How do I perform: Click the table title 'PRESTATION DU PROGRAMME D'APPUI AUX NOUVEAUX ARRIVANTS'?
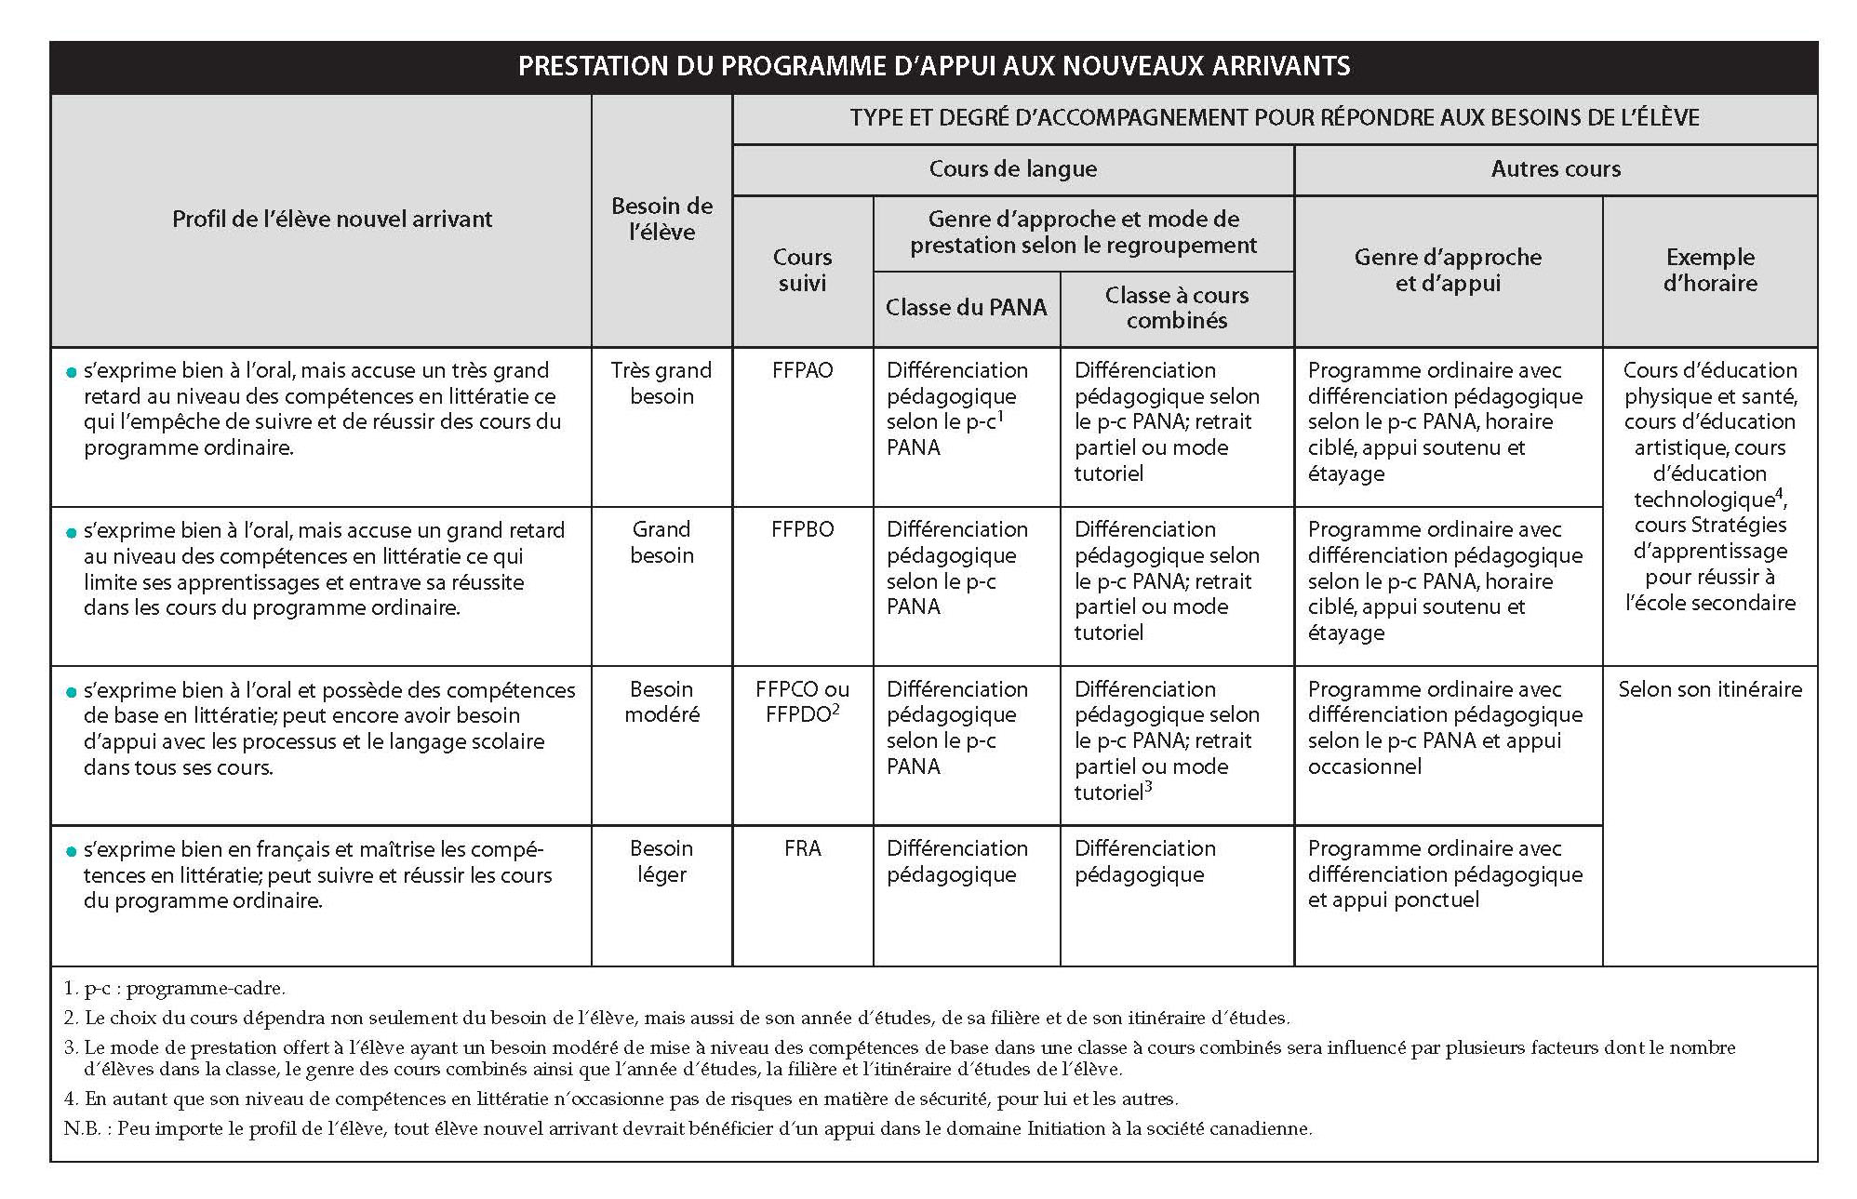click(933, 67)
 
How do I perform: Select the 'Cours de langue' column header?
click(1012, 169)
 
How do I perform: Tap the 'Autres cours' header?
click(1555, 169)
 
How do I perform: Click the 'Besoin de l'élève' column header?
click(661, 220)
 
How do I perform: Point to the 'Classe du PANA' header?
click(966, 308)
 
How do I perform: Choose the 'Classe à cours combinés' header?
click(1176, 308)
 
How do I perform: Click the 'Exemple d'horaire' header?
click(1709, 270)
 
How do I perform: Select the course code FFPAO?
click(802, 370)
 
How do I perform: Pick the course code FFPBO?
click(802, 529)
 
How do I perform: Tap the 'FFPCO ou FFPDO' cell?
click(802, 702)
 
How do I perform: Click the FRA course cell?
click(802, 848)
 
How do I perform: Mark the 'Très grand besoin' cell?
click(661, 383)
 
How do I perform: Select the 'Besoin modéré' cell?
click(661, 702)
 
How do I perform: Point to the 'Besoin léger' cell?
click(661, 861)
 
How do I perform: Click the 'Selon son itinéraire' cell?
click(1709, 689)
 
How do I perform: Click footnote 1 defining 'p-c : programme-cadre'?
click(174, 988)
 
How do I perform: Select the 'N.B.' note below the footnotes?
click(687, 1129)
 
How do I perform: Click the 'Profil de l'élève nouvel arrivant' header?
click(332, 220)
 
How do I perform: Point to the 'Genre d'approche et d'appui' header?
click(1448, 270)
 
